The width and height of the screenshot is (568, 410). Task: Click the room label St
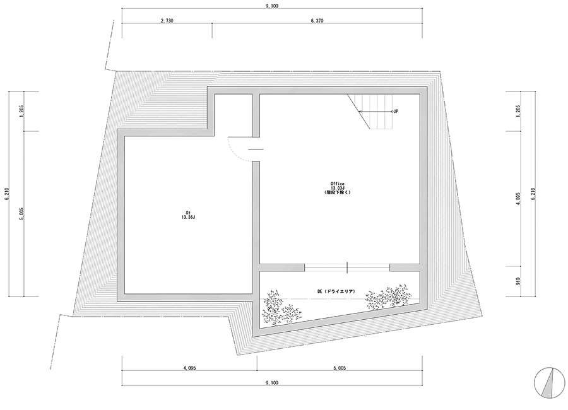coord(188,213)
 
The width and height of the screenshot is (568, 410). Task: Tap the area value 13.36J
coord(188,217)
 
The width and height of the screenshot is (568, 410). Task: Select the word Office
coord(337,184)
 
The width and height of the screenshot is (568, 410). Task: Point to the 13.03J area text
coord(337,188)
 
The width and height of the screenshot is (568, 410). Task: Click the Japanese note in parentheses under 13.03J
coord(337,192)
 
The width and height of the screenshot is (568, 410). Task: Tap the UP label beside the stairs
coord(396,111)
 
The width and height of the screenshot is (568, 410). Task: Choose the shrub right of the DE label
coord(388,296)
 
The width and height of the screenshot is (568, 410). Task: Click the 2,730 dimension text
coord(167,21)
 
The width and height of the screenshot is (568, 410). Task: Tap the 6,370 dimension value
coord(317,21)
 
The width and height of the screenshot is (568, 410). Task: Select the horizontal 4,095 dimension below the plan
coord(189,368)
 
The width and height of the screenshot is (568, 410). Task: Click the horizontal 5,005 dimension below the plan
coord(340,368)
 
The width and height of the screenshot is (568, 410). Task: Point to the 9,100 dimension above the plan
coord(271,6)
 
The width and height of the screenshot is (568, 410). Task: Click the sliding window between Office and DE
coord(347,267)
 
